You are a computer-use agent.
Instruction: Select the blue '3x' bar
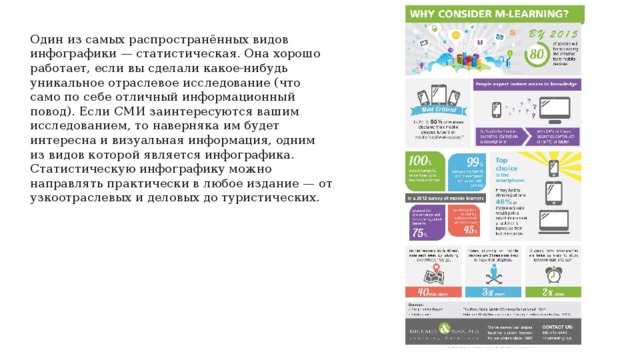click(x=490, y=295)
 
